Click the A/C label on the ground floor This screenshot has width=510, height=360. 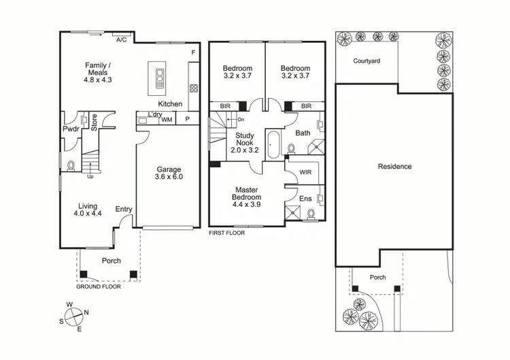coord(122,40)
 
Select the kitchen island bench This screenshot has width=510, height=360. coord(160,78)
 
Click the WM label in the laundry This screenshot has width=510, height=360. coord(167,120)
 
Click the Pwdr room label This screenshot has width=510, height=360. coord(71,129)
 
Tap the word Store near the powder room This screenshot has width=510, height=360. coord(95,122)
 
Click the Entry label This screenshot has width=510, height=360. coord(124,209)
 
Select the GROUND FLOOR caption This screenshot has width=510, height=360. coord(99,287)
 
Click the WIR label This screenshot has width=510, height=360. coord(307,172)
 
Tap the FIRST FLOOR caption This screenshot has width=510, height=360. coord(226,233)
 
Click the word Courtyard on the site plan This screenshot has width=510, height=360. coord(367,61)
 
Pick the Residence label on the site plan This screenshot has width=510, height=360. coord(395,166)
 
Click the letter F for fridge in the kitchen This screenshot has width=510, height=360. coord(194,52)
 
